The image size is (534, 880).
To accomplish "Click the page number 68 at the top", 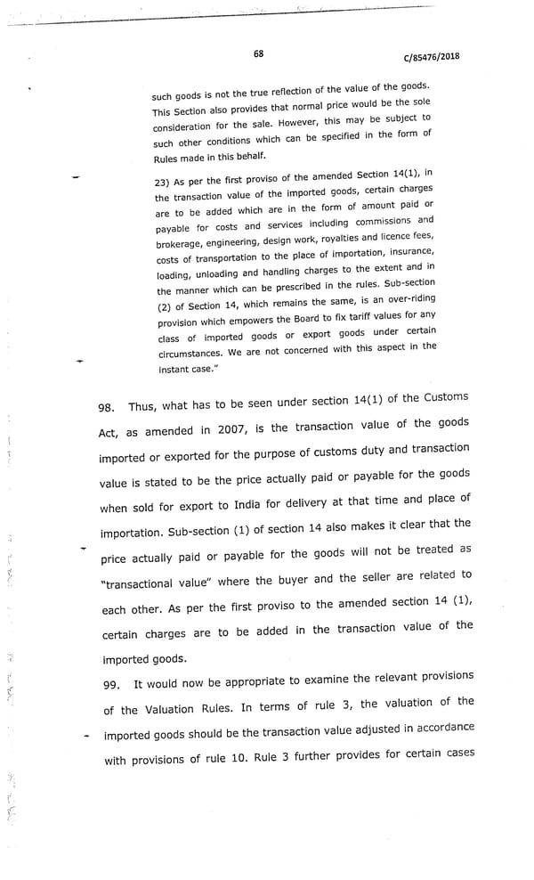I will pyautogui.click(x=258, y=53).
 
